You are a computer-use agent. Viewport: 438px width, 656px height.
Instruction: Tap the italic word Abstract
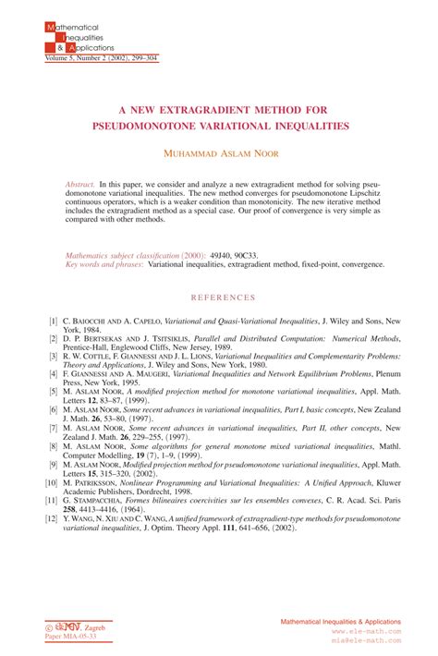click(79, 185)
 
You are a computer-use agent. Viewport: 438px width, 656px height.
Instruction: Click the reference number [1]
click(53, 320)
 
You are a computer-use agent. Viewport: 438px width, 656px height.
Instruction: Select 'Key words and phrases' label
click(103, 264)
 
